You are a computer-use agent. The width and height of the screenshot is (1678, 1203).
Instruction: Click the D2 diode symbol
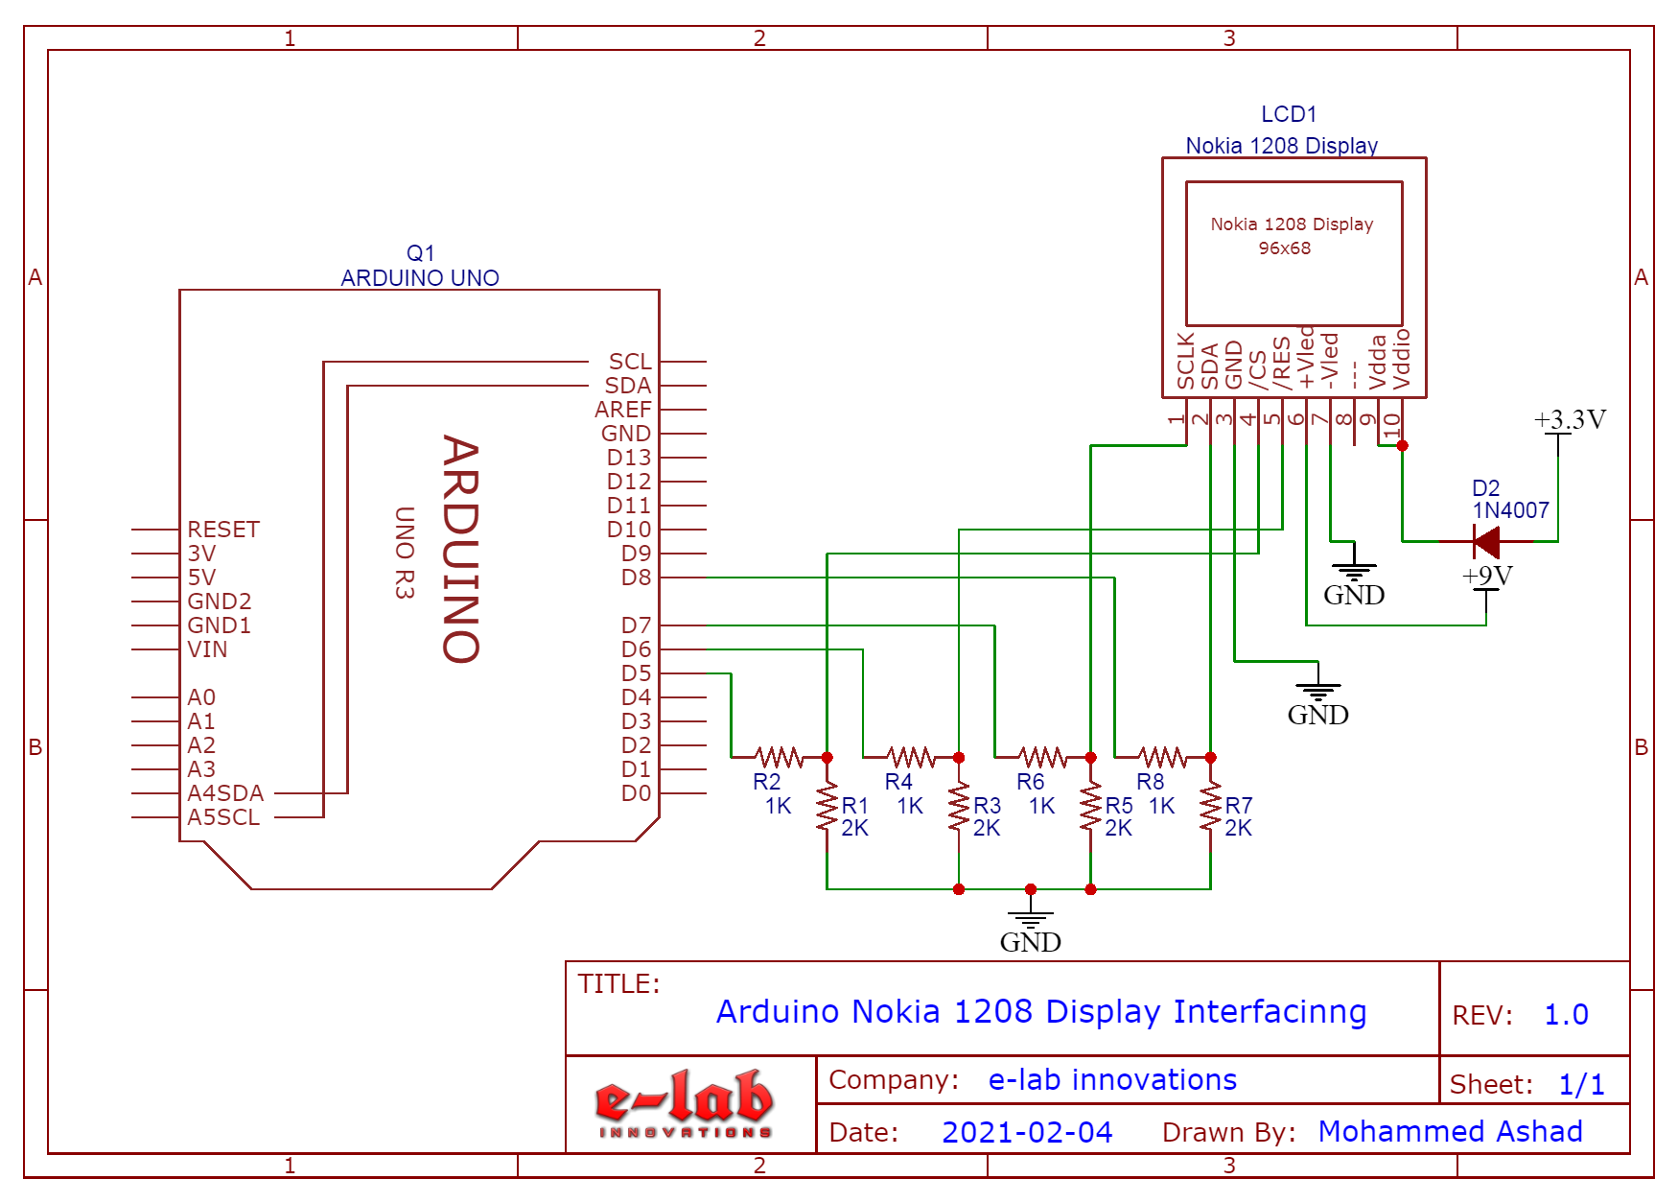(x=1486, y=542)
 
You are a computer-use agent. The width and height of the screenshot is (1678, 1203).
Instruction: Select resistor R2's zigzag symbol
(x=779, y=758)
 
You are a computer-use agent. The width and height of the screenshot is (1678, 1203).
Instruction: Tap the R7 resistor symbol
(x=1211, y=808)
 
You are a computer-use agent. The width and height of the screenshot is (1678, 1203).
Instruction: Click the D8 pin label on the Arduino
(x=636, y=578)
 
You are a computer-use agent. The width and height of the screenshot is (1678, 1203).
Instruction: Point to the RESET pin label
(x=223, y=530)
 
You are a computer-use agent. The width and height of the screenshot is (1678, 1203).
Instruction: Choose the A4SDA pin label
(x=225, y=793)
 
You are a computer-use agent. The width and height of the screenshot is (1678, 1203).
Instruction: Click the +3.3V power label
(x=1570, y=420)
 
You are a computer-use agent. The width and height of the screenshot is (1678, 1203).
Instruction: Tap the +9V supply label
(x=1487, y=576)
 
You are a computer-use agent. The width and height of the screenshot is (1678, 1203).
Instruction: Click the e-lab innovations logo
(x=685, y=1103)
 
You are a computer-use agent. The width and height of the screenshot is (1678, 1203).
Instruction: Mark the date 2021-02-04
(x=1027, y=1132)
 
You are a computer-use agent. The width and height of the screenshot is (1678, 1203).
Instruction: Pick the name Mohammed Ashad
(x=1450, y=1132)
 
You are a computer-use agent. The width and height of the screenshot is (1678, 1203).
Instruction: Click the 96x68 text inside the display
(x=1285, y=248)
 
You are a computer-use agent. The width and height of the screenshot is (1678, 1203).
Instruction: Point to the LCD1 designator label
(x=1289, y=114)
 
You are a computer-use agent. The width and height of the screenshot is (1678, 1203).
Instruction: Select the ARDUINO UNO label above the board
(x=420, y=278)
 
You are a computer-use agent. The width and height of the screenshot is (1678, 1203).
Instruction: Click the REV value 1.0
(x=1566, y=1015)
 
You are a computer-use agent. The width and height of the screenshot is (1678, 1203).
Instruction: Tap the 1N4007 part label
(x=1511, y=510)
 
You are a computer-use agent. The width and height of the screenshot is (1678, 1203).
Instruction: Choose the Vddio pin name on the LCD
(x=1402, y=360)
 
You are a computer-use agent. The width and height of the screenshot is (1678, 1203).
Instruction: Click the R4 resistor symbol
(x=911, y=758)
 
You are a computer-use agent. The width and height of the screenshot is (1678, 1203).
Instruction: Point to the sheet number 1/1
(x=1581, y=1085)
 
